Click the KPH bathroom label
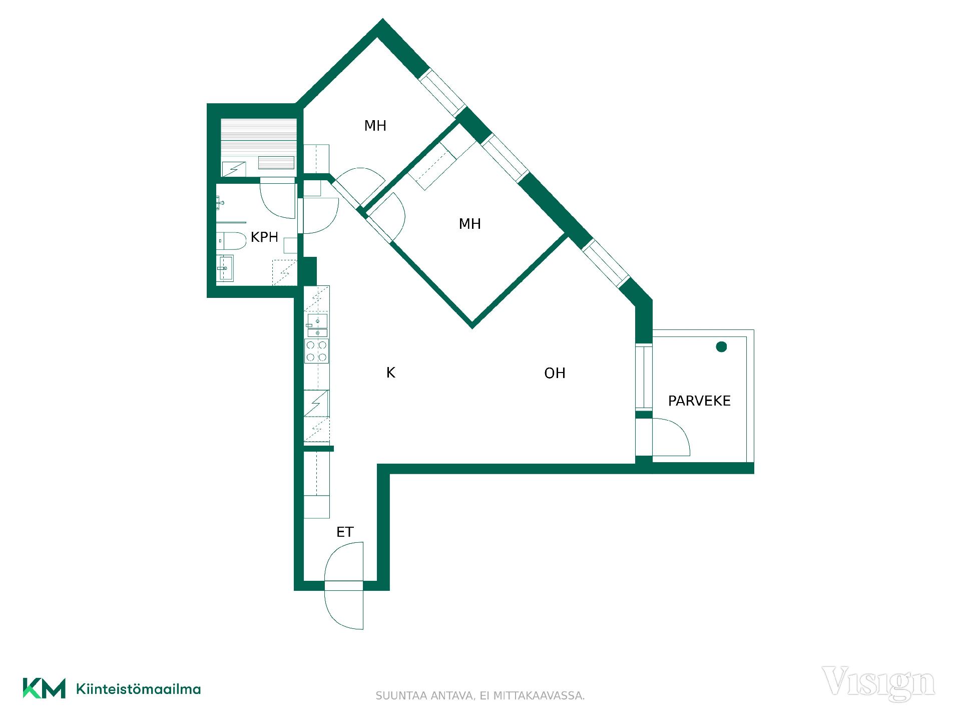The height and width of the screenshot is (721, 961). click(x=264, y=237)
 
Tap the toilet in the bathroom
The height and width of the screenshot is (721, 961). click(x=232, y=241)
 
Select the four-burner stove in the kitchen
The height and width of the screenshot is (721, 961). click(x=317, y=351)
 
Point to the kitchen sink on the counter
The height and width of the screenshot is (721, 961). click(x=317, y=325)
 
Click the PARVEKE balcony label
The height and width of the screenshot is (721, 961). click(x=699, y=401)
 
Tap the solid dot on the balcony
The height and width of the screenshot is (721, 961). click(x=721, y=346)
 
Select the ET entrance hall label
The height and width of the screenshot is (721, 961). click(x=345, y=532)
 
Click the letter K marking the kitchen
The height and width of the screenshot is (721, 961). click(x=391, y=373)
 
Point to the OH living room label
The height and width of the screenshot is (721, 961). click(x=555, y=373)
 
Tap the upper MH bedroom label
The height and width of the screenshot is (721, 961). click(x=375, y=126)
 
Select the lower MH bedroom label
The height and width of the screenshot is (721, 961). click(x=469, y=224)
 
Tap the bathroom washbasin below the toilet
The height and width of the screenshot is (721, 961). click(x=225, y=268)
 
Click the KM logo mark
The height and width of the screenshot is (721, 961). click(x=44, y=688)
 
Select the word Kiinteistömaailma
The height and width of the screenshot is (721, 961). click(x=138, y=689)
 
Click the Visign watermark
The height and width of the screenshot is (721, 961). click(x=878, y=683)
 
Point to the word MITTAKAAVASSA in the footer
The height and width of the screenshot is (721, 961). click(x=539, y=696)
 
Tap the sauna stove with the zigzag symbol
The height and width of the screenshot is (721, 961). click(x=234, y=169)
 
